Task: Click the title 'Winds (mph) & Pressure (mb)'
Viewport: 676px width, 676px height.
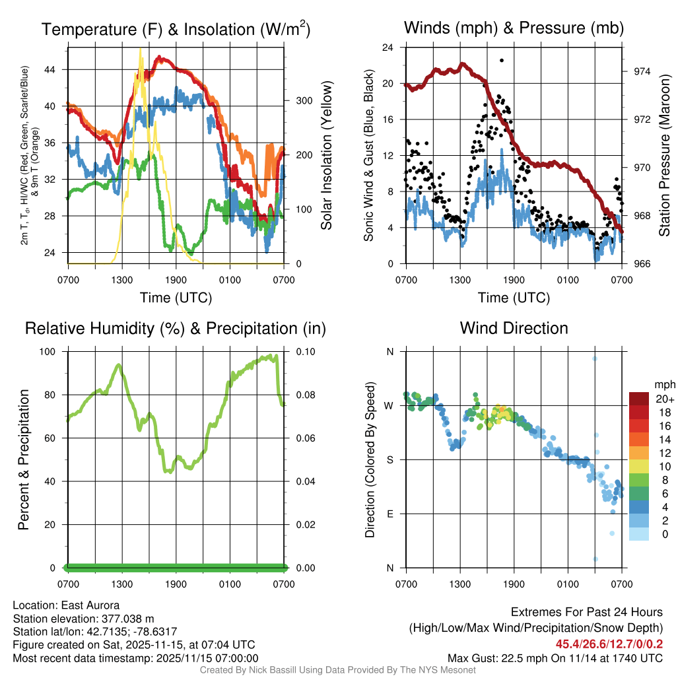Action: [x=514, y=28]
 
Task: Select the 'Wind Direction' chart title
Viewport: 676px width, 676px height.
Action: [x=514, y=328]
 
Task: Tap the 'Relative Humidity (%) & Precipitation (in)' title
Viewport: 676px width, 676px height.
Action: [x=175, y=328]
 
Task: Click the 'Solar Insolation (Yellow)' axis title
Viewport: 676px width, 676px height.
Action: [x=327, y=155]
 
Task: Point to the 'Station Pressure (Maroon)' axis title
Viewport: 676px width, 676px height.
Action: [x=664, y=155]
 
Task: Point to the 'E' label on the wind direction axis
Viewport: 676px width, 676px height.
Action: [x=390, y=514]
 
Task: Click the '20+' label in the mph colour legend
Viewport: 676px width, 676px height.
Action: [x=663, y=399]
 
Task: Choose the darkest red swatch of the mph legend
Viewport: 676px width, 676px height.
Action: [x=638, y=399]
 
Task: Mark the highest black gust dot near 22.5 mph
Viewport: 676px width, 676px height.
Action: [x=502, y=60]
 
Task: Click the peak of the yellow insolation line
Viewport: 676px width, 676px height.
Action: [x=140, y=50]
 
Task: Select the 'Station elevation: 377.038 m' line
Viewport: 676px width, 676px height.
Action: [x=83, y=619]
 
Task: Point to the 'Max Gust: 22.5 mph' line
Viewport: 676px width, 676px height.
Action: [x=555, y=658]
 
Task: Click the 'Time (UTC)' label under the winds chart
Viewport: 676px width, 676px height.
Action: [x=514, y=298]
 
